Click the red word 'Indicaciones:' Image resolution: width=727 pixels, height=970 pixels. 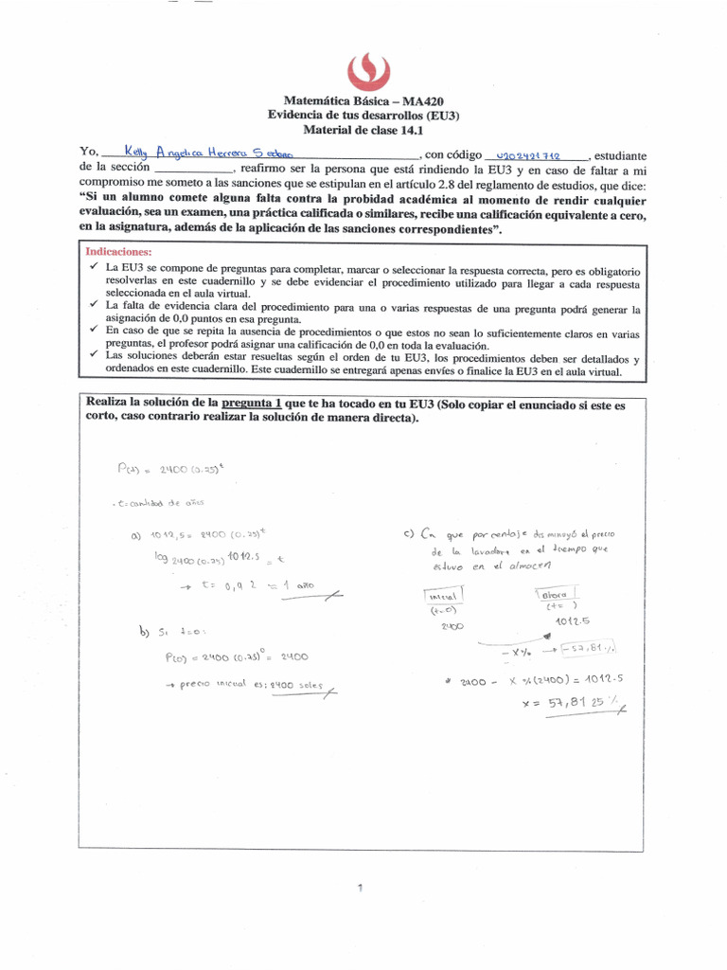coord(118,253)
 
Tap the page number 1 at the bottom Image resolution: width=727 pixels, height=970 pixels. coord(361,887)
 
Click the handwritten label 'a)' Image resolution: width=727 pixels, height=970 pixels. coord(138,536)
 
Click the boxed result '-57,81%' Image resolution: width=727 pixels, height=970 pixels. coord(588,648)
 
